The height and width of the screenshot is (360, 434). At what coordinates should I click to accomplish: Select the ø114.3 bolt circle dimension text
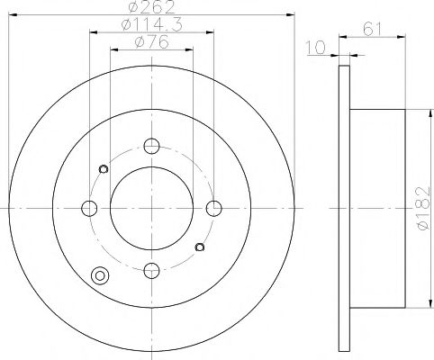[150, 25]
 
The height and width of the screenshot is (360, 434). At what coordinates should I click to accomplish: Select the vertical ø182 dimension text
[421, 209]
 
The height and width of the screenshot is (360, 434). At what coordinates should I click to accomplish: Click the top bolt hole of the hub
[151, 146]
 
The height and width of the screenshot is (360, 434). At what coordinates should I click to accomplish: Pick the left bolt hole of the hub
[89, 208]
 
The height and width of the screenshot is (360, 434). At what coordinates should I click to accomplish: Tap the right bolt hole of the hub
[212, 208]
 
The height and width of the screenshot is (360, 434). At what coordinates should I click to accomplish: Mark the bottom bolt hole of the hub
[151, 268]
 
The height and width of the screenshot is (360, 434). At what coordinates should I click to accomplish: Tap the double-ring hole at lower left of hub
[99, 277]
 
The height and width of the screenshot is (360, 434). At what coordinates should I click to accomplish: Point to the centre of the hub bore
[151, 208]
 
